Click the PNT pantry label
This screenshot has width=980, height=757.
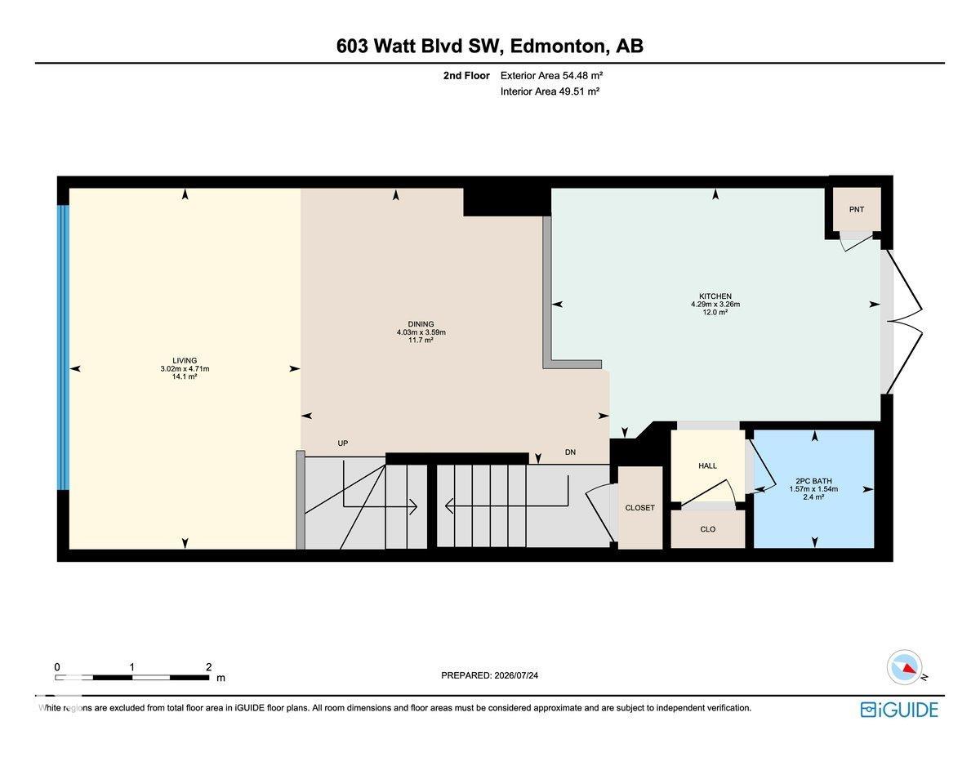[856, 209]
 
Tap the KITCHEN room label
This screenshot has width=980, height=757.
[715, 296]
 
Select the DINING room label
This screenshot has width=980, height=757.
[421, 324]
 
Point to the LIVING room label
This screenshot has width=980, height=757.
[185, 361]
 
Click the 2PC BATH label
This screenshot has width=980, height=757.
[813, 481]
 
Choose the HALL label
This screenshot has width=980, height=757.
[707, 465]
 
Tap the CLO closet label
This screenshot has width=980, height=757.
[707, 529]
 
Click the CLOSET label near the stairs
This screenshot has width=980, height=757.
[639, 508]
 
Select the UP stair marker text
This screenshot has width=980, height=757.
[343, 443]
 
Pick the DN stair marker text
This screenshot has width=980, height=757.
[570, 452]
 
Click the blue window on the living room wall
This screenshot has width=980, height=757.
[63, 347]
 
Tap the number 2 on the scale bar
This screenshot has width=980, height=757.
[208, 667]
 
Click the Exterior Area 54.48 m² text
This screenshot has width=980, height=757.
[551, 76]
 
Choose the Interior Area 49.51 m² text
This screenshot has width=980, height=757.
[550, 91]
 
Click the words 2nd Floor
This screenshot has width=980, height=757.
[466, 76]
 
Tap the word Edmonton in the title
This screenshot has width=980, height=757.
[559, 46]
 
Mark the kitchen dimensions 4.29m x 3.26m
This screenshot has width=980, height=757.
[715, 305]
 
